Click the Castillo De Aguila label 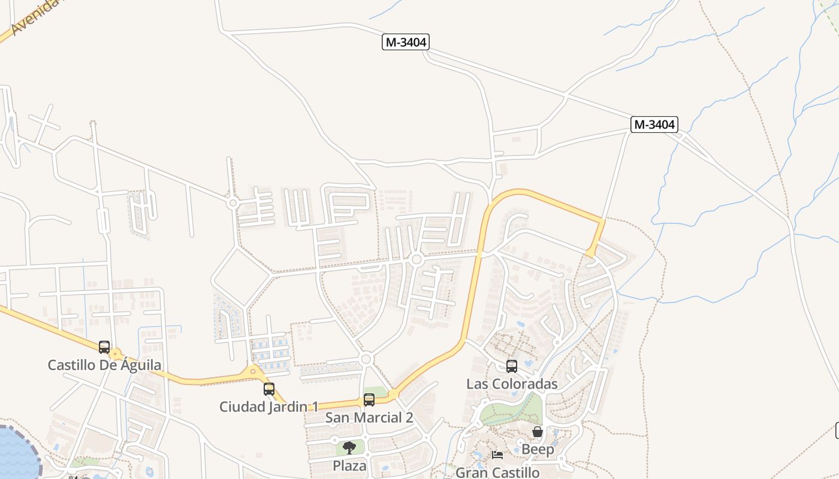tap(104, 365)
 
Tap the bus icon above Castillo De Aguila tap(104, 347)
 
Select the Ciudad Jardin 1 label tap(268, 407)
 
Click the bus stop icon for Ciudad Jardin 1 tap(269, 389)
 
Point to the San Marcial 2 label tap(369, 417)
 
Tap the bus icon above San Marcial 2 tap(369, 399)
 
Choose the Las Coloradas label tap(512, 384)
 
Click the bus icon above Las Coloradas tap(512, 366)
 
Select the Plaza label tap(349, 465)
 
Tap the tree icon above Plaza tap(349, 448)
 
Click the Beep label tap(538, 449)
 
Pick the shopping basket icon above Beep tap(538, 432)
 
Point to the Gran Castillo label tap(497, 472)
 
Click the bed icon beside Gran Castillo tap(497, 455)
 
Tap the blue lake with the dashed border tap(15, 452)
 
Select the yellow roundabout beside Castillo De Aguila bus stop tap(115, 354)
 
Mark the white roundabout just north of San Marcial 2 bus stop tap(367, 359)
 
